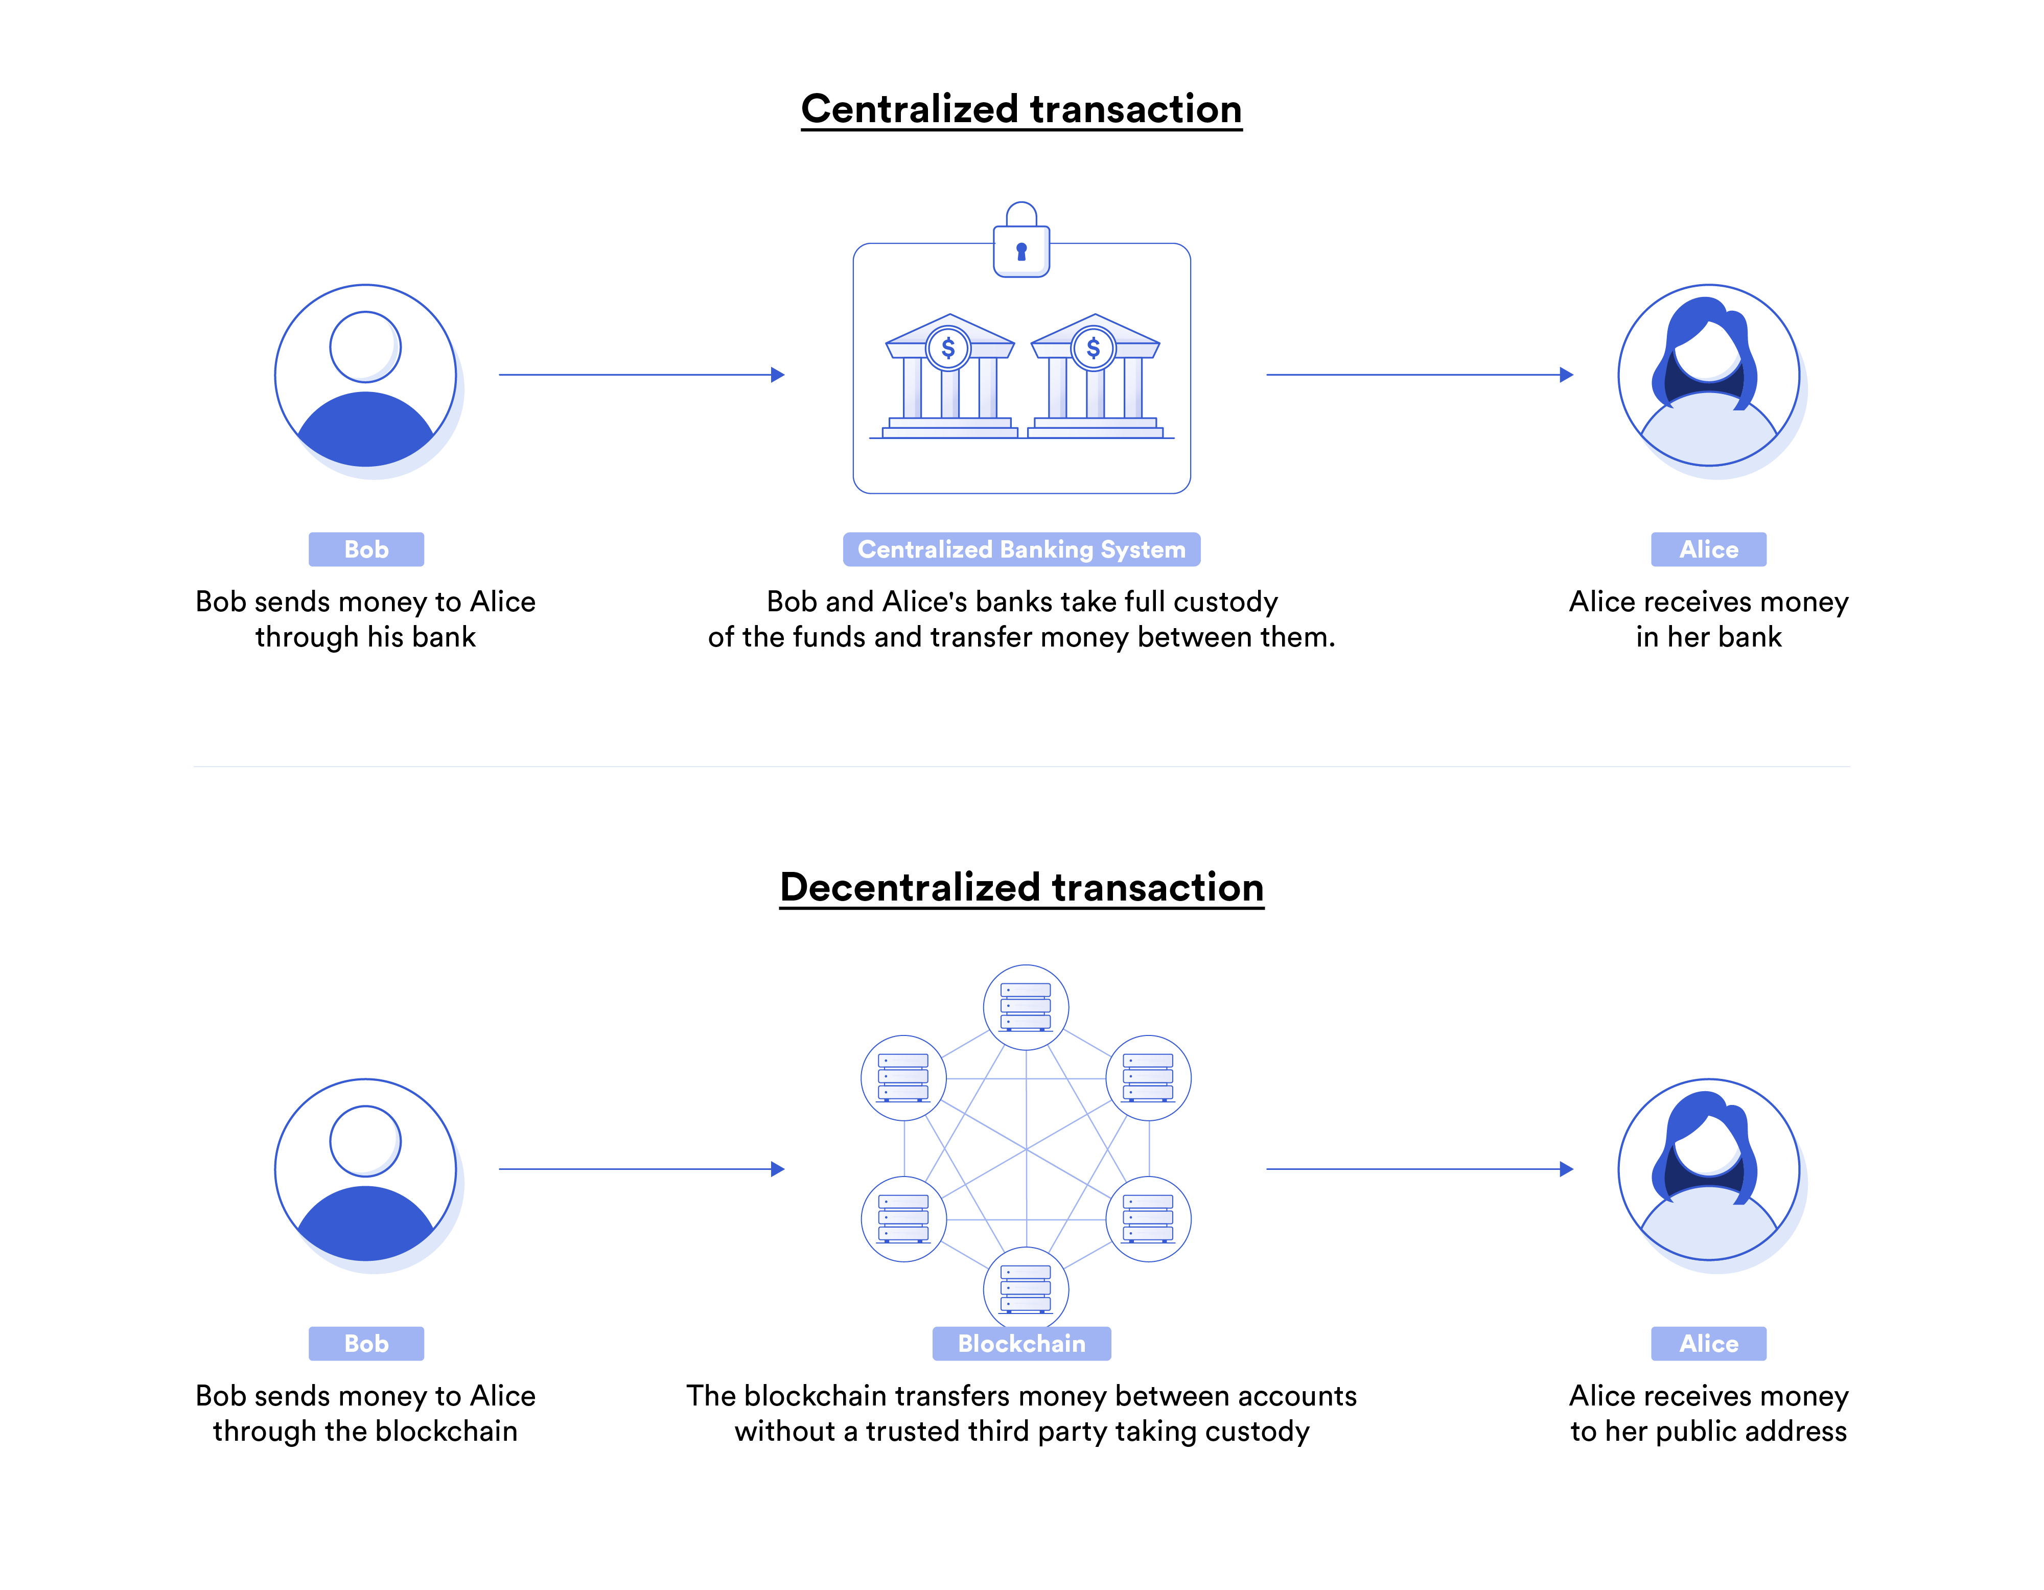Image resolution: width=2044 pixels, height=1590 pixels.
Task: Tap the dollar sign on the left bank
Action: [x=948, y=348]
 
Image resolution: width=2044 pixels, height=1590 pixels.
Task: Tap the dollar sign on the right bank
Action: [x=1093, y=348]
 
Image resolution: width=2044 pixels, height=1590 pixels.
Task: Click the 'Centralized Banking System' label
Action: [x=1021, y=549]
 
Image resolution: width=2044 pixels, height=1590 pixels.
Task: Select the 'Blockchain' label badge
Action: [x=1021, y=1343]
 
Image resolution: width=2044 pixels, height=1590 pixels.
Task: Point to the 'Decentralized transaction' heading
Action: [x=1021, y=887]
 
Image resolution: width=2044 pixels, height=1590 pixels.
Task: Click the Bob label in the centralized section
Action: [x=366, y=549]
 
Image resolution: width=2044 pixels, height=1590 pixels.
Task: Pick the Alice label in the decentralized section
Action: [x=1708, y=1343]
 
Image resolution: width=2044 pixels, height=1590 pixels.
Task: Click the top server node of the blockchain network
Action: [x=1026, y=1007]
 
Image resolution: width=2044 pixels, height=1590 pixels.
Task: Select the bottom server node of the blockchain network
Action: [x=1026, y=1288]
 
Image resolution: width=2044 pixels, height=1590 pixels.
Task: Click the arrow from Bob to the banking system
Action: [x=641, y=375]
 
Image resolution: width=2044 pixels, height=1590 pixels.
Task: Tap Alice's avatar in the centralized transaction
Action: [x=1708, y=375]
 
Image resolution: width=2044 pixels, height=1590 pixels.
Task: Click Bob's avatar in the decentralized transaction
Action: [x=366, y=1170]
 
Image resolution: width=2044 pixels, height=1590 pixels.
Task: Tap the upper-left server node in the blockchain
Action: [x=903, y=1077]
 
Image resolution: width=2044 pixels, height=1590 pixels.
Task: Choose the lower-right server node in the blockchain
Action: [x=1148, y=1218]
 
